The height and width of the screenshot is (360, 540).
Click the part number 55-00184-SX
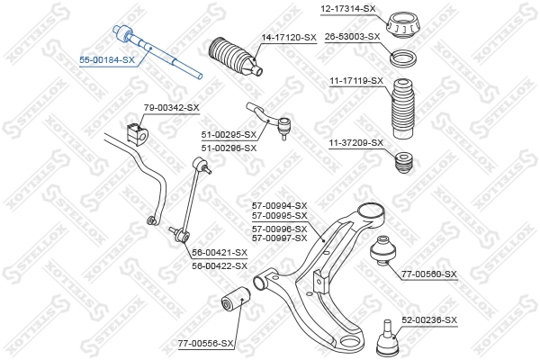click(x=106, y=59)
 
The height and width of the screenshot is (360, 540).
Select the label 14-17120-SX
click(x=289, y=38)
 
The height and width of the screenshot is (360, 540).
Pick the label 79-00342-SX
click(x=171, y=108)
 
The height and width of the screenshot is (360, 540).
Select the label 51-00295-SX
click(x=229, y=135)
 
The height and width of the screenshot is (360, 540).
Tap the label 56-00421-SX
click(x=220, y=254)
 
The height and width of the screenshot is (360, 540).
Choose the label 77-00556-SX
click(x=205, y=343)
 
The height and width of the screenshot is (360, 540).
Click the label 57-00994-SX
click(x=279, y=205)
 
